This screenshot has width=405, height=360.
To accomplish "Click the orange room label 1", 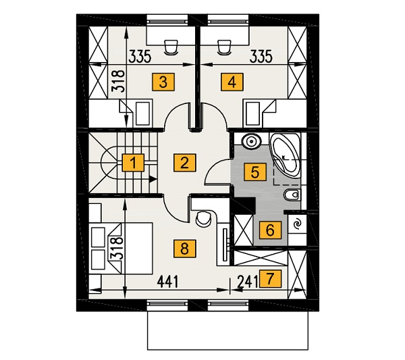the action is [133, 163].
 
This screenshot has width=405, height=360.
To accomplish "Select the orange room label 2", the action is [185, 162].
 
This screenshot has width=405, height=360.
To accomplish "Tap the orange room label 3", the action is [163, 82].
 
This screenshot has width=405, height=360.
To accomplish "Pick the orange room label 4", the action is [232, 82].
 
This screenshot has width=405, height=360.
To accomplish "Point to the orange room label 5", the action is [255, 172].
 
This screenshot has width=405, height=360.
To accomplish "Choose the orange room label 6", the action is [270, 230].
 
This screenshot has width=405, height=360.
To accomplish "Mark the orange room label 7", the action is [271, 278].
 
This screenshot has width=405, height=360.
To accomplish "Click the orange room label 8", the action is [185, 249].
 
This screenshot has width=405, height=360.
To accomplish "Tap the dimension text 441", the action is [168, 282].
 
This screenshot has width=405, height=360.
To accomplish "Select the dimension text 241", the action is [248, 282].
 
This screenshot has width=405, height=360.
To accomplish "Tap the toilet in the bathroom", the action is [292, 195].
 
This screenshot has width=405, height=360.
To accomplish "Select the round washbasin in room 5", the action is [251, 141].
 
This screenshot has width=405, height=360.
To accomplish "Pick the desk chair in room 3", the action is [171, 47].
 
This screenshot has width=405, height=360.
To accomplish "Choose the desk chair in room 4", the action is [224, 47].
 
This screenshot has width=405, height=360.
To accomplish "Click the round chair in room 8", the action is [203, 218].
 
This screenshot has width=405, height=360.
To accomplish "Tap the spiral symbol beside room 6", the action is [298, 224].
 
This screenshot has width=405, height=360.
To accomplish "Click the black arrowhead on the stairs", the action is [153, 178].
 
